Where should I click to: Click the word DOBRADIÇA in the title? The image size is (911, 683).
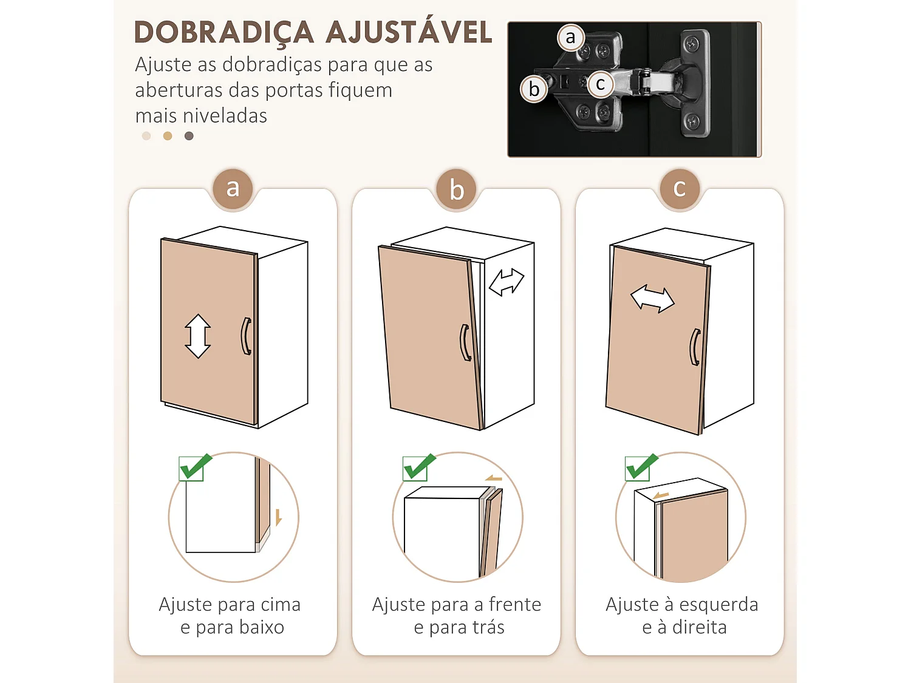click(x=223, y=33)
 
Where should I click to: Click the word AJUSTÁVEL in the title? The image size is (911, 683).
click(x=410, y=32)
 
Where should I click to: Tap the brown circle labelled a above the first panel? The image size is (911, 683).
click(x=233, y=189)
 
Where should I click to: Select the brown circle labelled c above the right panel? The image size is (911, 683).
click(x=680, y=189)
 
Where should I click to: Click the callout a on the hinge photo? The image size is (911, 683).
click(x=570, y=38)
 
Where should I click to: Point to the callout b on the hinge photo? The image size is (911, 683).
click(x=534, y=89)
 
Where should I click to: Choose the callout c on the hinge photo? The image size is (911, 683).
click(x=600, y=84)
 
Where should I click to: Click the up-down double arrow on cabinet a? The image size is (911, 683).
click(x=198, y=336)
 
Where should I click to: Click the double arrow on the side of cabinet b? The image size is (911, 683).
click(x=507, y=282)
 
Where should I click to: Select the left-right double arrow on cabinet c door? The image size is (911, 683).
click(x=652, y=299)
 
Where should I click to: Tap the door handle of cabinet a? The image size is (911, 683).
click(x=246, y=336)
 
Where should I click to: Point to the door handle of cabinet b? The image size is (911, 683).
click(x=465, y=343)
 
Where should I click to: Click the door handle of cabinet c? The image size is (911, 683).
click(x=695, y=347)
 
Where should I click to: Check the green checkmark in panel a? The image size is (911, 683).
click(x=194, y=467)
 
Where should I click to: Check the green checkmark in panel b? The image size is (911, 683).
click(x=418, y=467)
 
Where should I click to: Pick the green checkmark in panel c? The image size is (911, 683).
click(x=641, y=467)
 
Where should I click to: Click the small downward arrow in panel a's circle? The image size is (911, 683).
click(x=278, y=517)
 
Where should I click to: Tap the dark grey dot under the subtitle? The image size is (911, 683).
click(x=189, y=136)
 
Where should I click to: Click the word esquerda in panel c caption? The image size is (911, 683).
click(x=718, y=605)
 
